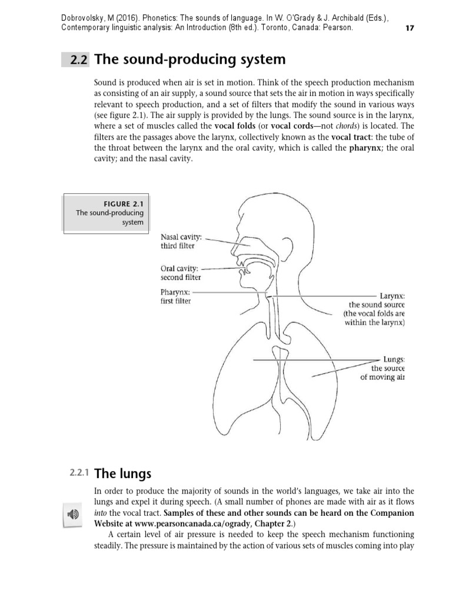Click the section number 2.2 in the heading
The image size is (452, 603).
tap(78, 60)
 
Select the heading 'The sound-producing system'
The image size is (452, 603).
tap(190, 59)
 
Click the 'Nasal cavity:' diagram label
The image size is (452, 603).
tap(181, 237)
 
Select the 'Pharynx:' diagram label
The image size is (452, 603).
tap(175, 291)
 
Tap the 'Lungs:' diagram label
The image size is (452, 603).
tap(394, 358)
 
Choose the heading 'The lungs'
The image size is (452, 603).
tap(122, 473)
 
